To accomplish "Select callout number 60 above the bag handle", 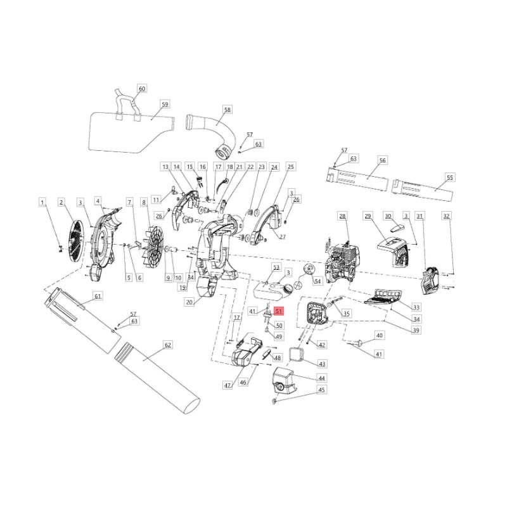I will coord(141,89).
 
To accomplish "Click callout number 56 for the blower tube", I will coord(382,161).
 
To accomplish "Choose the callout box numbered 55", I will coord(450,178).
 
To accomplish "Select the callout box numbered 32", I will coord(446,216).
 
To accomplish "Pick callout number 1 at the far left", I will coord(42,202).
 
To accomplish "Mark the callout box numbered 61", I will coord(98,296).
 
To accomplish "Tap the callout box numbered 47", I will coord(228,385).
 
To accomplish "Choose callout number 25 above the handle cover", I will coord(291,167).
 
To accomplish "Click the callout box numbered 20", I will coord(189,303).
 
